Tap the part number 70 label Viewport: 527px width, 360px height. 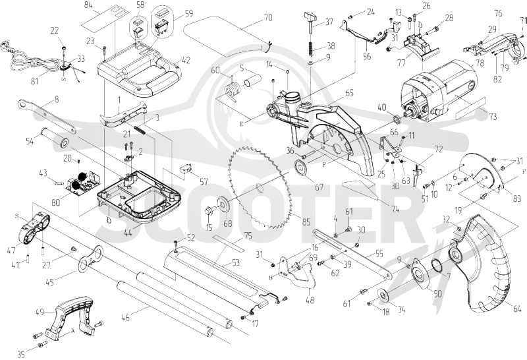[268, 17]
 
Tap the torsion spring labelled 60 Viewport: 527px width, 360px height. [232, 89]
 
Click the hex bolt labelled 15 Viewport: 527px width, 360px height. [209, 212]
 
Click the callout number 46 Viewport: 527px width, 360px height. [125, 317]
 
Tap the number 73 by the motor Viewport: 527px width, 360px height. [493, 117]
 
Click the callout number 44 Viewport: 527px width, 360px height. [128, 233]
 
